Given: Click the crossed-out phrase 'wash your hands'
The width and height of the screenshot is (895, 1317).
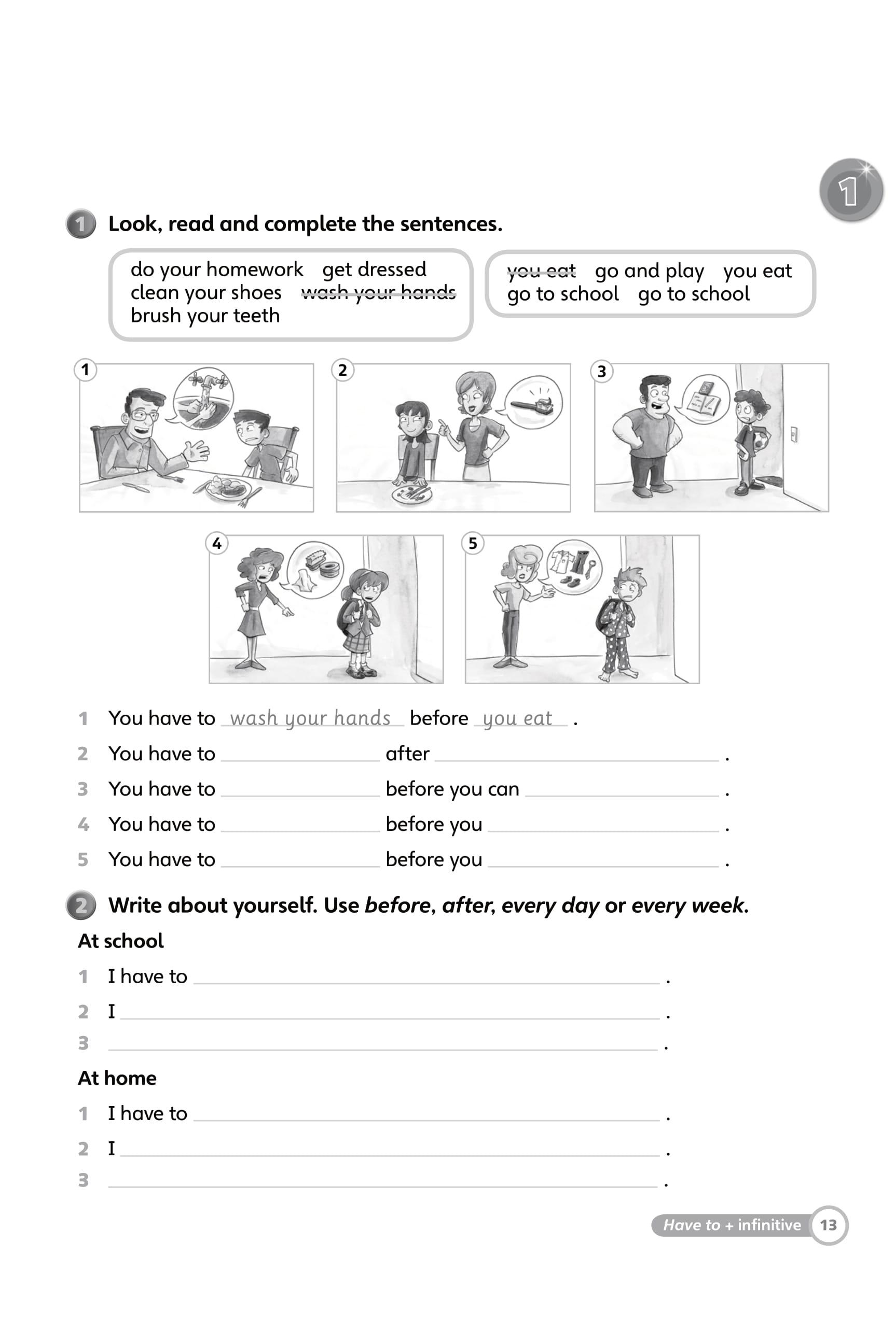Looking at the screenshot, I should click(378, 293).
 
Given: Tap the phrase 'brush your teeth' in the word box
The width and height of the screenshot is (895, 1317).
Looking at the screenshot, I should click(205, 316).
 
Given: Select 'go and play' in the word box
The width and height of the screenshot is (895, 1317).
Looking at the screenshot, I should click(649, 272).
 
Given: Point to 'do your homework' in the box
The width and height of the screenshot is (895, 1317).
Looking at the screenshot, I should click(217, 270).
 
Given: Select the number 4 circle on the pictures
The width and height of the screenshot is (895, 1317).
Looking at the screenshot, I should click(217, 544).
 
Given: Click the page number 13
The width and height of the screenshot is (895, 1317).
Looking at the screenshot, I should click(828, 1225).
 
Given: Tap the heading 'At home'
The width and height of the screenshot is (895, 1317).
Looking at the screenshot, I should click(117, 1078).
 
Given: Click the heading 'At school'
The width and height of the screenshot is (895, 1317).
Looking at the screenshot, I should click(120, 941).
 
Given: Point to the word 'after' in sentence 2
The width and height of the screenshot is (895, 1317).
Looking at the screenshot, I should click(407, 754).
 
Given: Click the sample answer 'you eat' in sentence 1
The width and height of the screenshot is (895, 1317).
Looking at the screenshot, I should click(517, 718).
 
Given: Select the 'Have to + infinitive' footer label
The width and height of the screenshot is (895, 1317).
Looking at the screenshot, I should click(731, 1225).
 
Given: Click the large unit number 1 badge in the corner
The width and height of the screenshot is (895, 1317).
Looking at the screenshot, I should click(850, 190).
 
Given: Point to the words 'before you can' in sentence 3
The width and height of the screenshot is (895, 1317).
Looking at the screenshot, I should click(452, 789).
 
